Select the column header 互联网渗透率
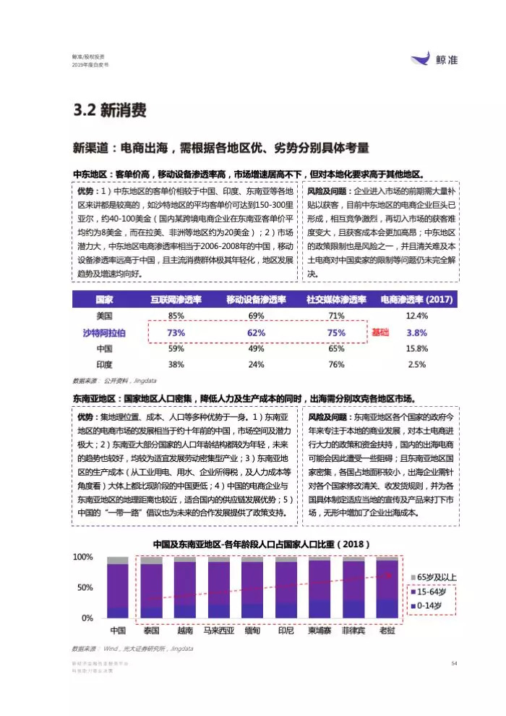(x=176, y=300)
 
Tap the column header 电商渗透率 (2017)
(x=417, y=300)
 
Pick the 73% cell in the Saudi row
(x=176, y=332)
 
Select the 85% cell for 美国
(x=176, y=316)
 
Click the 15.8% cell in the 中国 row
(x=417, y=348)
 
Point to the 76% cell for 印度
(x=336, y=364)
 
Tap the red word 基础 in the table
(x=380, y=332)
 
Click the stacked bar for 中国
(x=117, y=588)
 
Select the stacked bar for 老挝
(x=387, y=588)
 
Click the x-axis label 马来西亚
(x=218, y=631)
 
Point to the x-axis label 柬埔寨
(x=320, y=631)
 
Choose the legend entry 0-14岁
(x=432, y=604)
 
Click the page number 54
(x=454, y=662)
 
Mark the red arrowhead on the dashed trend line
(x=394, y=574)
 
